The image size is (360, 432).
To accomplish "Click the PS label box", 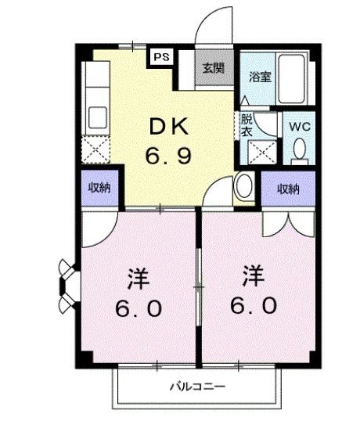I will point(161,56).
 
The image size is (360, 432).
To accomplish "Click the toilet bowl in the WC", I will point(299,151).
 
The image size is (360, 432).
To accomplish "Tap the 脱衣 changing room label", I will point(247,126).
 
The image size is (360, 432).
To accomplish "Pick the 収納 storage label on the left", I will point(98,188).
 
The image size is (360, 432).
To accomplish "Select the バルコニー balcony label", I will point(198,387).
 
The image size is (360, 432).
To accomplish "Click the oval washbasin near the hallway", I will point(243,187).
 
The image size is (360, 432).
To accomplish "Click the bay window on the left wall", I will point(65,286).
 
